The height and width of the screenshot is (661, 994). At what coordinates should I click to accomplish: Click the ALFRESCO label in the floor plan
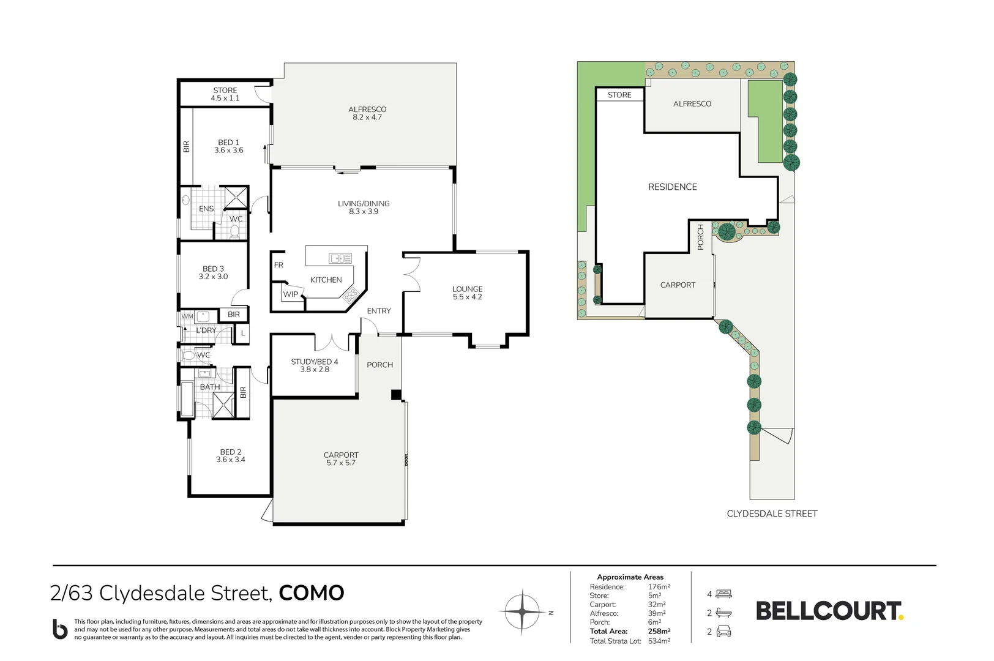point(367,109)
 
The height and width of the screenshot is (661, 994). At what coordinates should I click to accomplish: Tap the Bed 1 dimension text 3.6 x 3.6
point(228,151)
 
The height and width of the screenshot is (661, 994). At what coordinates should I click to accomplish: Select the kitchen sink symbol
point(340,258)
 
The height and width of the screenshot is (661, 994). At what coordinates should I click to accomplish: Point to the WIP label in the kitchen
point(291,294)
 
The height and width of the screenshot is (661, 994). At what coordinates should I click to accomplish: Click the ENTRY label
point(378,311)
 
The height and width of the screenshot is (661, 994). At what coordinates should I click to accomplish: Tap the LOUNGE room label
point(467,289)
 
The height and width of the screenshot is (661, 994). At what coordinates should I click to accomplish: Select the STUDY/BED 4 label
point(314,362)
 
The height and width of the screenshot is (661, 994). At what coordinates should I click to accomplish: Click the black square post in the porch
point(396,395)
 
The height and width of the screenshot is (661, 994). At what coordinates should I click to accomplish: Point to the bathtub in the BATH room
point(187,399)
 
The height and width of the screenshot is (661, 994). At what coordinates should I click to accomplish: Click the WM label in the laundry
point(187,316)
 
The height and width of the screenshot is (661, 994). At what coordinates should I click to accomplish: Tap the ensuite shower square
point(235,198)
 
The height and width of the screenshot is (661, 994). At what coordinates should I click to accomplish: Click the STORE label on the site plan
point(619,95)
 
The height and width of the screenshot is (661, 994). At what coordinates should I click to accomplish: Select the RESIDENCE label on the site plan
point(672,187)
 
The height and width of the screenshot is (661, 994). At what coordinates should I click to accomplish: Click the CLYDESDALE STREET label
point(772,513)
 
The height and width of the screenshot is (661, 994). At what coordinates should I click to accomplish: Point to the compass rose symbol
point(522,612)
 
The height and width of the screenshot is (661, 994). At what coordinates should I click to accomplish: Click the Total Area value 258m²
point(659,631)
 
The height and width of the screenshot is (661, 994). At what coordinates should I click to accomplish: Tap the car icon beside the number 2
point(723,631)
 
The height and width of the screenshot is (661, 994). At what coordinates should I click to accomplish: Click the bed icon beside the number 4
point(723,594)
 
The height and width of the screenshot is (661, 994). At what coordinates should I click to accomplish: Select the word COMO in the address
point(312,593)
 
